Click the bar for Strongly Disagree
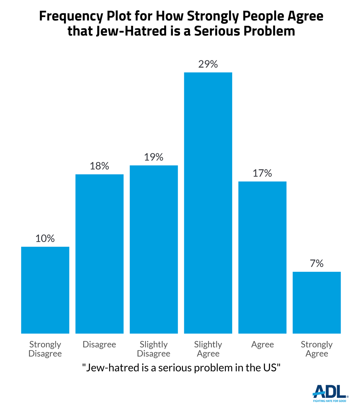[x=45, y=290]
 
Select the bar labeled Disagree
[x=100, y=254]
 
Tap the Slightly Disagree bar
[x=154, y=249]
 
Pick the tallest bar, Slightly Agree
[x=208, y=203]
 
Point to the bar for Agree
[x=262, y=257]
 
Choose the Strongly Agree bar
[x=317, y=302]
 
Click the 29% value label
[x=208, y=65]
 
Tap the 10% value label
[x=45, y=239]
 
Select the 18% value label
[x=100, y=166]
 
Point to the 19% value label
[x=154, y=157]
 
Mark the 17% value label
[x=262, y=173]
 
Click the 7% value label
[x=317, y=264]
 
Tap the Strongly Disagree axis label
[x=45, y=349]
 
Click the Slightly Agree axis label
[x=208, y=349]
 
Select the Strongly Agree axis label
[x=317, y=349]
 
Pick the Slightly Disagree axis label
[x=154, y=349]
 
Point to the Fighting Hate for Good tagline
[x=330, y=401]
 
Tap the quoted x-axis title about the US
[x=181, y=367]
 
